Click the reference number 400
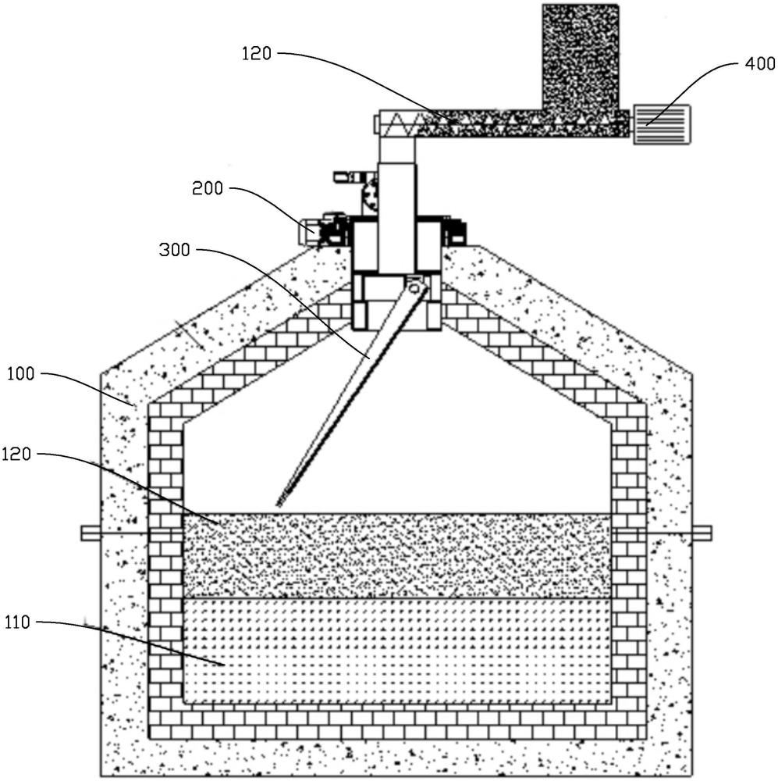pos(759,64)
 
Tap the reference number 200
pos(208,188)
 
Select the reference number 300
pos(175,249)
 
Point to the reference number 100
pos(20,373)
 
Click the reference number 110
pos(17,622)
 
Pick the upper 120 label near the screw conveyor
pos(257,53)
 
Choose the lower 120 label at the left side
pos(16,455)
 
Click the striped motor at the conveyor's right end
pos(662,124)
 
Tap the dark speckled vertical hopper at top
pos(581,57)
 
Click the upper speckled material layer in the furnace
pos(397,555)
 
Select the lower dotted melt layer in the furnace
pos(397,650)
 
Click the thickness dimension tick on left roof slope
pos(193,333)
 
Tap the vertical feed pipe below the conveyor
pos(396,199)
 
